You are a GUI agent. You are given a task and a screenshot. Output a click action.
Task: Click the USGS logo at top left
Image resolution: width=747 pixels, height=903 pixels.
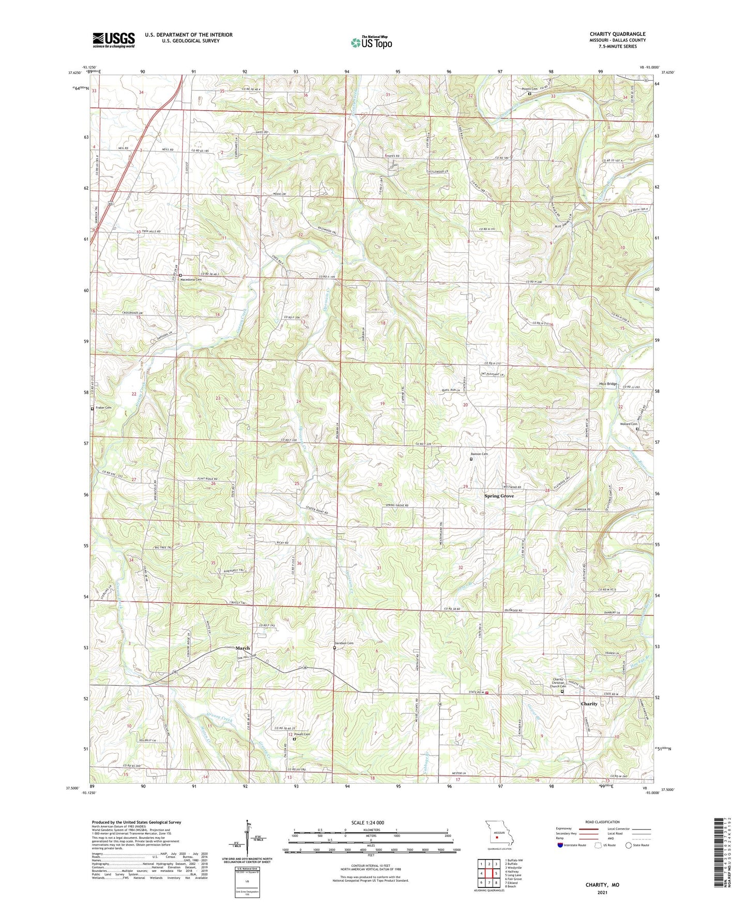[114, 40]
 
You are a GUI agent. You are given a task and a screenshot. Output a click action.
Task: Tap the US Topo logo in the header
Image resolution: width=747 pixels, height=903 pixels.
[371, 42]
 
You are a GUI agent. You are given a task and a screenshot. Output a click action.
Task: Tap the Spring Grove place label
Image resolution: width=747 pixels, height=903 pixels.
[499, 496]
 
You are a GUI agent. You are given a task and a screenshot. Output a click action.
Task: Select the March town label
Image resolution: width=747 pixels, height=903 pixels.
[242, 648]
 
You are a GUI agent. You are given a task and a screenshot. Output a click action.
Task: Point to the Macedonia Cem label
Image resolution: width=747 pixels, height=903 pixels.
[190, 279]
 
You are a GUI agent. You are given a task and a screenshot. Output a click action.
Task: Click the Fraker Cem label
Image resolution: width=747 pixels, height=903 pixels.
[103, 408]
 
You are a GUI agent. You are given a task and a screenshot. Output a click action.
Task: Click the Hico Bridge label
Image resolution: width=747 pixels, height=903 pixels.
[608, 384]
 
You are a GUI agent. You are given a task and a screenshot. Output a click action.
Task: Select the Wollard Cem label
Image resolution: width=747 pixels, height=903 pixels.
[629, 424]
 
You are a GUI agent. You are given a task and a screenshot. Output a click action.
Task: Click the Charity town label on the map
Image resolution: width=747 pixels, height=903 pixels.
[589, 704]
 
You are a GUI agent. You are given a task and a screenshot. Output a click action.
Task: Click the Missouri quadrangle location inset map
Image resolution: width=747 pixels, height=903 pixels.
[498, 834]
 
